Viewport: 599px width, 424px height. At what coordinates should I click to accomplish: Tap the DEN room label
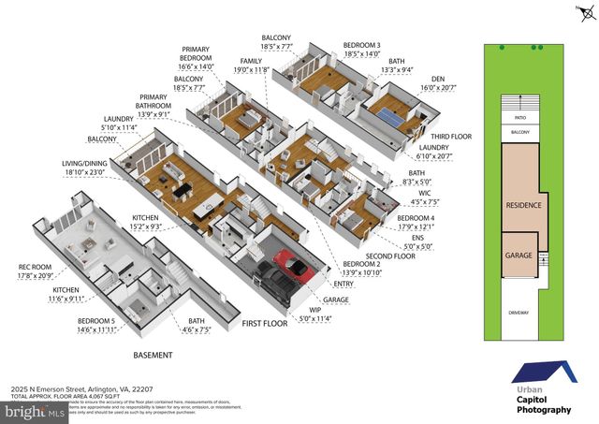coord(437,80)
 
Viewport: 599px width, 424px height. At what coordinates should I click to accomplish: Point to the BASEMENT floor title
coord(153,355)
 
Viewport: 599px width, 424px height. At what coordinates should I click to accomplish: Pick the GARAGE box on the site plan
coord(519,255)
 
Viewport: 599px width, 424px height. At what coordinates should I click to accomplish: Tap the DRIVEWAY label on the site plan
coord(519,313)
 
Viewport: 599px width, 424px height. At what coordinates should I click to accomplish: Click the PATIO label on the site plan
coord(519,119)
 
